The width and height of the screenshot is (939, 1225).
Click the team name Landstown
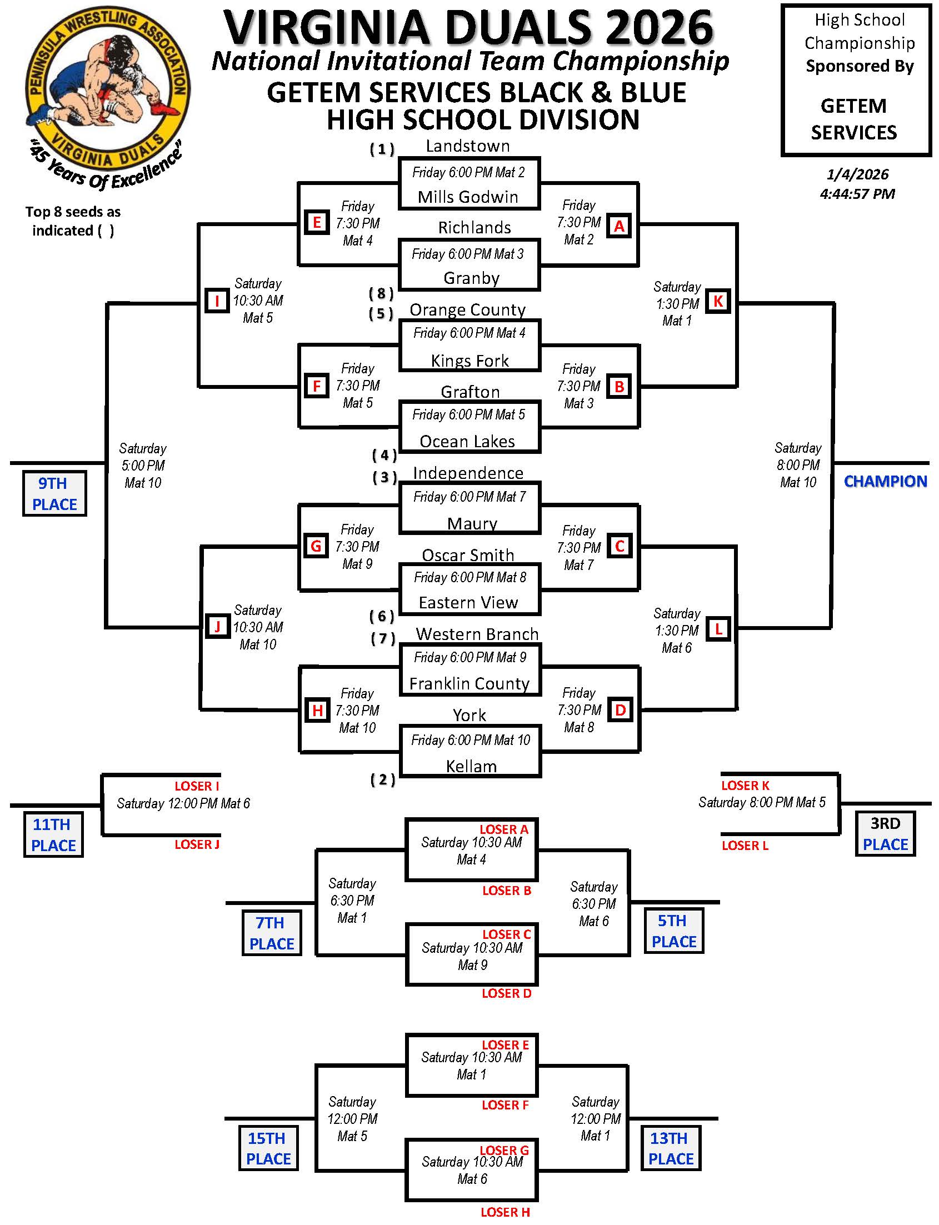[x=467, y=147]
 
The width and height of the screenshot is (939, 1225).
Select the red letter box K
[x=718, y=301]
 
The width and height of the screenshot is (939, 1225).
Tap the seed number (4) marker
[x=384, y=456]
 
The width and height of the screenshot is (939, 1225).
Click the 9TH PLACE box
[x=54, y=493]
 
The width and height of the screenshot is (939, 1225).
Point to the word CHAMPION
[x=885, y=481]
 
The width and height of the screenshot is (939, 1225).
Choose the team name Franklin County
[x=469, y=683]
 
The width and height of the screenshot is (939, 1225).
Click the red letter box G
[x=316, y=546]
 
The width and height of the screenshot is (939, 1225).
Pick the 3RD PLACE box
[x=885, y=834]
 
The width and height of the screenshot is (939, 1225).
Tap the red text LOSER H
[x=505, y=1212]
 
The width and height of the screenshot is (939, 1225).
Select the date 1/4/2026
[x=857, y=174]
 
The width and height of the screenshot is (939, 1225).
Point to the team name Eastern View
[x=468, y=602]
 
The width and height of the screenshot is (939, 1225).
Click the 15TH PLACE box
[x=268, y=1148]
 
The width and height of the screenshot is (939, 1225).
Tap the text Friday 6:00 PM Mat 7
[x=469, y=497]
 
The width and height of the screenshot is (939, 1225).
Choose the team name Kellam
[x=471, y=766]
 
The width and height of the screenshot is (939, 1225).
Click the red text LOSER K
[x=745, y=786]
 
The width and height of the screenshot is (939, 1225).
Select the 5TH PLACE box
[x=673, y=931]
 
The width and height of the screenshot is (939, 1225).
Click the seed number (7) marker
[x=383, y=638]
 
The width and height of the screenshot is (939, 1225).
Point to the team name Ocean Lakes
[x=467, y=442]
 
